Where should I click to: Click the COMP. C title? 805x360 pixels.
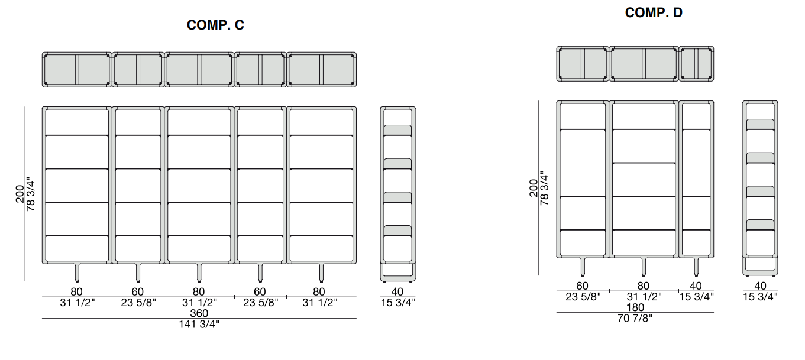click(x=215, y=25)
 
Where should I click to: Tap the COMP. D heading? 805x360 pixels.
click(x=654, y=12)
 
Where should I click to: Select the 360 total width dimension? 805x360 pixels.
click(x=199, y=313)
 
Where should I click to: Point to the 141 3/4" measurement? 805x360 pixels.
click(x=199, y=324)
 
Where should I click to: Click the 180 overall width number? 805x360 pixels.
click(x=635, y=307)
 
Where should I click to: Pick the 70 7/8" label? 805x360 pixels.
click(x=635, y=318)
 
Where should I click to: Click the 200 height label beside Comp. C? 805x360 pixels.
click(x=20, y=194)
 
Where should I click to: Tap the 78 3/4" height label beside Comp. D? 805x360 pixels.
click(x=544, y=188)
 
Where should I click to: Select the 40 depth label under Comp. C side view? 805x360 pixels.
click(x=397, y=291)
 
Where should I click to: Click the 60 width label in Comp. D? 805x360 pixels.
click(x=582, y=286)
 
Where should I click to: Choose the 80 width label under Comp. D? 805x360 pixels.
click(x=644, y=286)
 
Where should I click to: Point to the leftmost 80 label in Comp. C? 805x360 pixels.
click(x=76, y=291)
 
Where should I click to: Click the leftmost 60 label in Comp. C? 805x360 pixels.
click(x=138, y=291)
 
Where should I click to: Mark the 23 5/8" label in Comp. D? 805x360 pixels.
click(x=583, y=297)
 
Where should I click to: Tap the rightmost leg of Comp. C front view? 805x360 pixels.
click(x=321, y=273)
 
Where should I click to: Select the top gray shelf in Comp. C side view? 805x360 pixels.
click(x=398, y=130)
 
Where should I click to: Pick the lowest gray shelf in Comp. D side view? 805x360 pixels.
click(x=760, y=225)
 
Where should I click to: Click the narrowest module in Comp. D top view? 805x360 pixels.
click(x=696, y=64)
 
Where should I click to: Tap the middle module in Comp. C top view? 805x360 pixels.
click(x=199, y=69)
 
